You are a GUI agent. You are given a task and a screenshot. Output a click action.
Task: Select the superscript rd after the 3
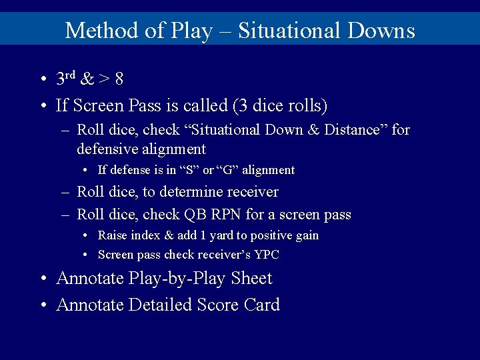coord(70,75)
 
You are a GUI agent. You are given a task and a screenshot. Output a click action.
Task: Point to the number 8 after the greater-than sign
coord(119,79)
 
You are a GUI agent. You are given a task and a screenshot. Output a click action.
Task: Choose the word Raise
coord(113,235)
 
